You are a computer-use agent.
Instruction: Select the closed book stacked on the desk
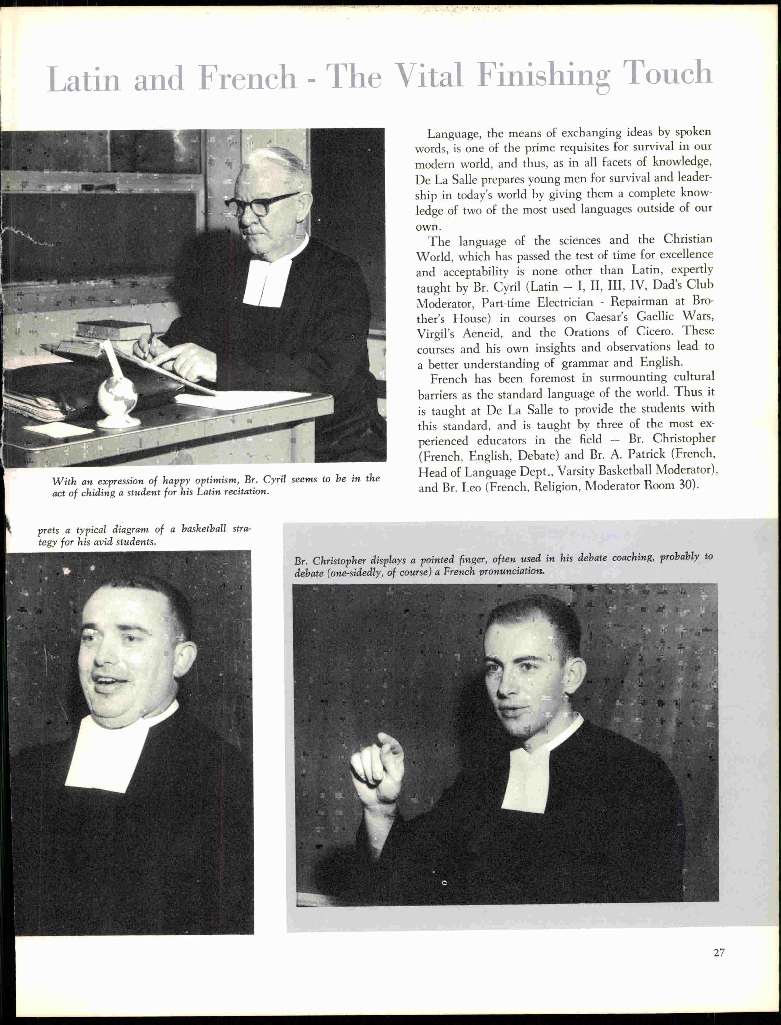tap(113, 329)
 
